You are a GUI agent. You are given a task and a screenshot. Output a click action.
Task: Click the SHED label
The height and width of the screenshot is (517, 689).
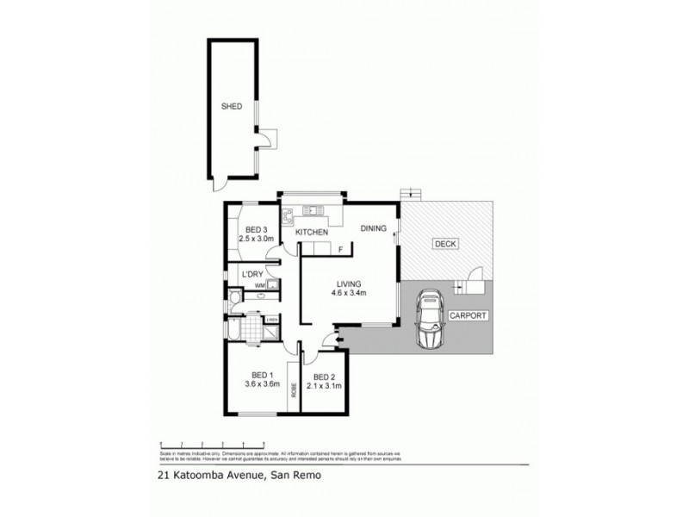click(231, 107)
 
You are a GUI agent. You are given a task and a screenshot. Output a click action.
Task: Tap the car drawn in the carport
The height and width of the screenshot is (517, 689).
click(428, 321)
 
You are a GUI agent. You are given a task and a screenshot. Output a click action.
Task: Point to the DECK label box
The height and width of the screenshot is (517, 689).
click(445, 244)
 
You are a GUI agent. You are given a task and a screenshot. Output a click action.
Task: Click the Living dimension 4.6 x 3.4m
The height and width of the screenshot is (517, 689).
click(348, 292)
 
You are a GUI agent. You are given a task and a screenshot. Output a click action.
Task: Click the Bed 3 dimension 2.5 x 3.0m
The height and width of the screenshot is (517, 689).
click(255, 239)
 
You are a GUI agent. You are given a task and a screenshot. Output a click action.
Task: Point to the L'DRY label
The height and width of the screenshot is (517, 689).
click(251, 274)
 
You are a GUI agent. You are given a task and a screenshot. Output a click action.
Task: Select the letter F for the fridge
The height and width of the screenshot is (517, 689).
click(340, 250)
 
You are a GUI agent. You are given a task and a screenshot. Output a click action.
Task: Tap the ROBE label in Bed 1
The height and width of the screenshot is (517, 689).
click(294, 389)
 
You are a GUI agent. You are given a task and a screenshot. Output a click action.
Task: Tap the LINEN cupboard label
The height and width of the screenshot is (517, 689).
click(271, 321)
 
